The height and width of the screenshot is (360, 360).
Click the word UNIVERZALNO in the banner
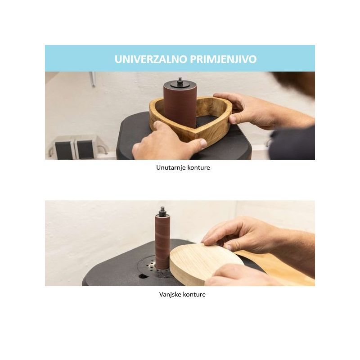(x=151, y=59)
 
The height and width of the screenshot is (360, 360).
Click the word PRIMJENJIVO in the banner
(x=223, y=59)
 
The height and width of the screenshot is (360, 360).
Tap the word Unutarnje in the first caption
(x=171, y=167)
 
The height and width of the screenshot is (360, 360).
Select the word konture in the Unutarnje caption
(x=199, y=167)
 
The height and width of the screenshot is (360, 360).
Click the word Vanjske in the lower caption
(x=170, y=294)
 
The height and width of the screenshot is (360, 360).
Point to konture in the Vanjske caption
(x=194, y=294)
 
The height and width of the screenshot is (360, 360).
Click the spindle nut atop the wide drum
(x=180, y=81)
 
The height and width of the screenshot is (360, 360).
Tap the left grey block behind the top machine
(x=64, y=150)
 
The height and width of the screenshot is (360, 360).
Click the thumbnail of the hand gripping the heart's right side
(x=233, y=119)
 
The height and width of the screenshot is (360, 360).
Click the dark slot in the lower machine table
(x=143, y=276)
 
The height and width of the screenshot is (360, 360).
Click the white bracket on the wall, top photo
(x=93, y=79)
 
